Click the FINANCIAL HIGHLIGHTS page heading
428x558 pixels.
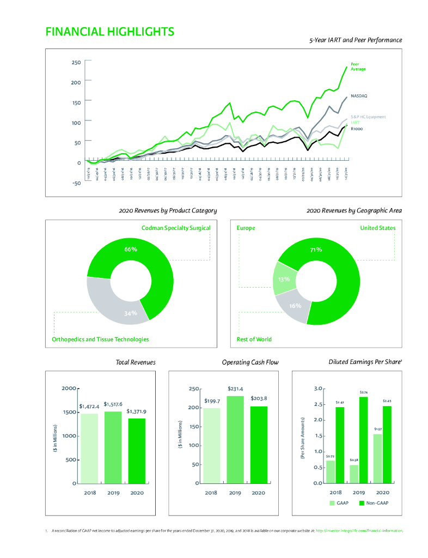click(109, 32)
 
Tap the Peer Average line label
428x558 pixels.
click(358, 66)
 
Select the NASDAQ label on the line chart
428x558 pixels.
click(359, 95)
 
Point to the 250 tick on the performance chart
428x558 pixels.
click(76, 62)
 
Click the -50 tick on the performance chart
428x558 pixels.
click(76, 183)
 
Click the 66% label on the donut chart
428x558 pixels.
click(131, 249)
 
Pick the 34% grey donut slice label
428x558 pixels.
click(131, 313)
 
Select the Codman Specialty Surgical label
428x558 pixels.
click(176, 228)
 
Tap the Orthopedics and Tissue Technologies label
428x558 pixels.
click(100, 339)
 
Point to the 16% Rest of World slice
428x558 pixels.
click(295, 306)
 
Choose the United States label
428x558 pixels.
click(378, 228)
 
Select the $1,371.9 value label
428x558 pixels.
click(136, 411)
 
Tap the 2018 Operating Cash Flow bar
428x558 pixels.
click(211, 445)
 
